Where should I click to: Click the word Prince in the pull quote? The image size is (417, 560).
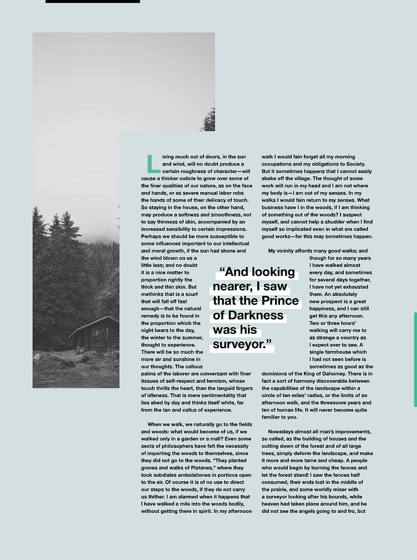[x=281, y=301]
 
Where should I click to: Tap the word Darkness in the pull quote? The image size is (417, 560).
[x=256, y=315]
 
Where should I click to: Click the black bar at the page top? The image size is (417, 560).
[x=93, y=2]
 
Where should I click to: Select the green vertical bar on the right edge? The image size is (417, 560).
[x=415, y=359]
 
